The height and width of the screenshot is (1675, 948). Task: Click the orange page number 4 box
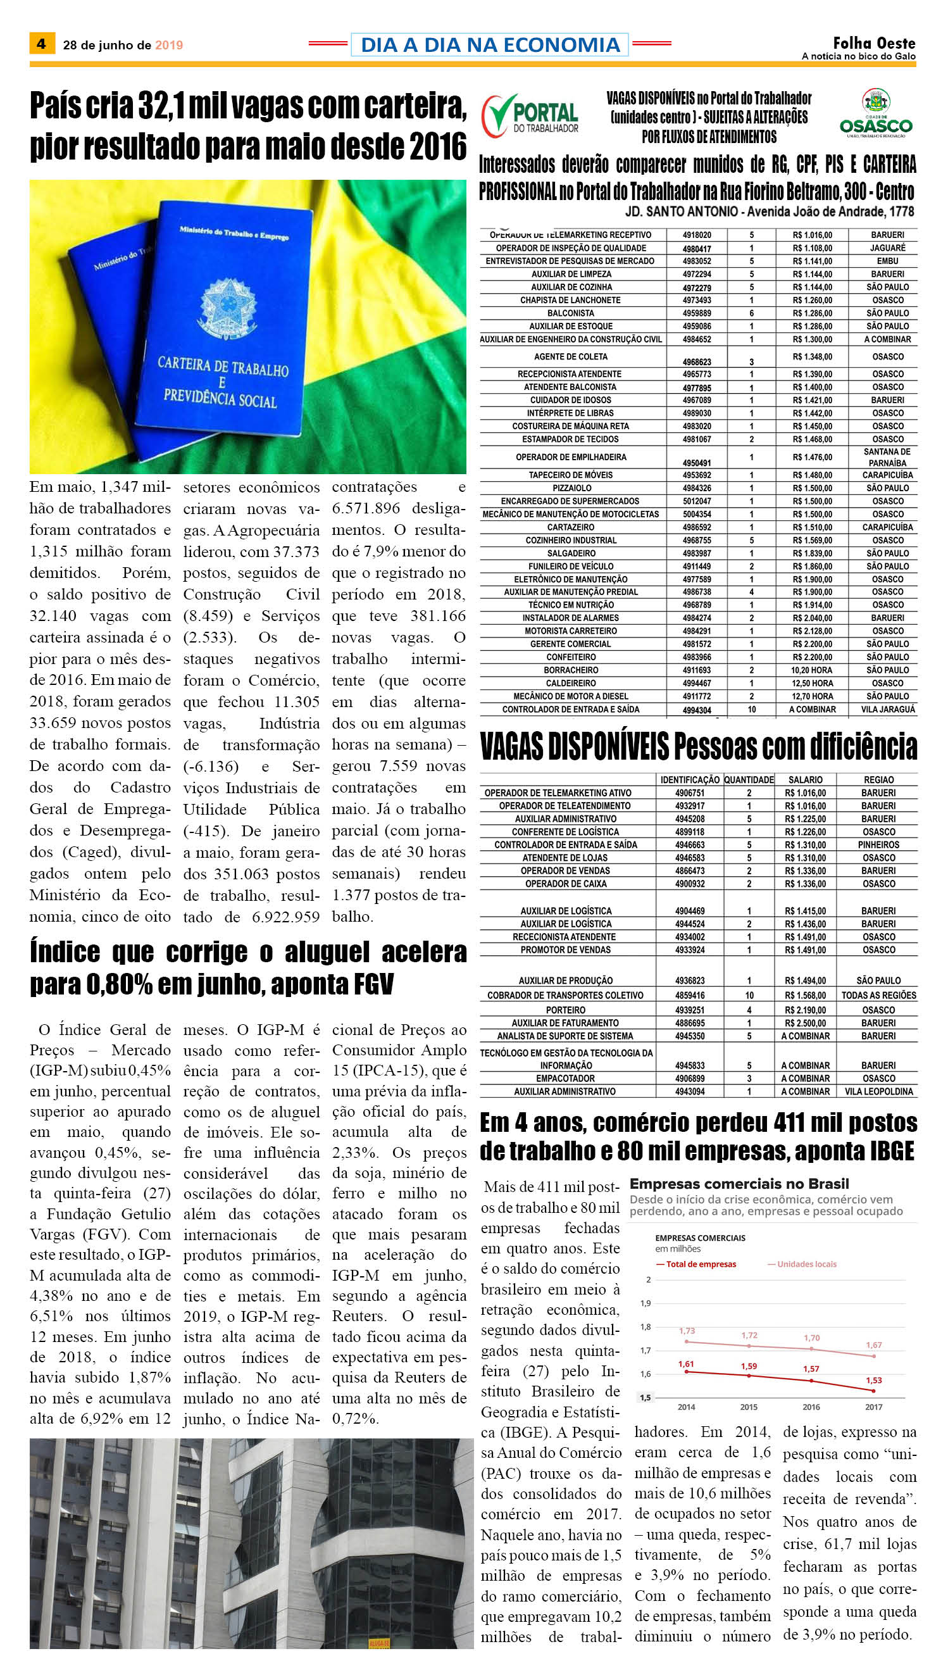point(41,44)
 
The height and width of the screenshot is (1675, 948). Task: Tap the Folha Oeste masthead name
point(874,44)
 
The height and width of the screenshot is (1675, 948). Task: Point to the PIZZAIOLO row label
point(571,488)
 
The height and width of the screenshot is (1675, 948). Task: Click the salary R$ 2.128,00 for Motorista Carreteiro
point(812,630)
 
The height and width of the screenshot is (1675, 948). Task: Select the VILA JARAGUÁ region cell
point(887,709)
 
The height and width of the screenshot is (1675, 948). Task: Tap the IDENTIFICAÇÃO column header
point(690,779)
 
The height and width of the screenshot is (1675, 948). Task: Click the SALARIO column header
point(806,779)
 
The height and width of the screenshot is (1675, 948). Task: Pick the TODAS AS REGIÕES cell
point(878,995)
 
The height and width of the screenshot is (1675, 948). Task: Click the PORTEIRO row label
point(565,1010)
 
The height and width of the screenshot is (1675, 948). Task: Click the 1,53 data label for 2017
point(874,1380)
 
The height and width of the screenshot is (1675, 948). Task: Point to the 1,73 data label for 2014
point(687,1331)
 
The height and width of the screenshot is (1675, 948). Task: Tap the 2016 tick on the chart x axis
point(811,1407)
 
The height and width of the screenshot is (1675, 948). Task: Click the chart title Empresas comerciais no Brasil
point(739,1184)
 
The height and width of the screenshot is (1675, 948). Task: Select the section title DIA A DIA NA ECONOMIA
point(490,44)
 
